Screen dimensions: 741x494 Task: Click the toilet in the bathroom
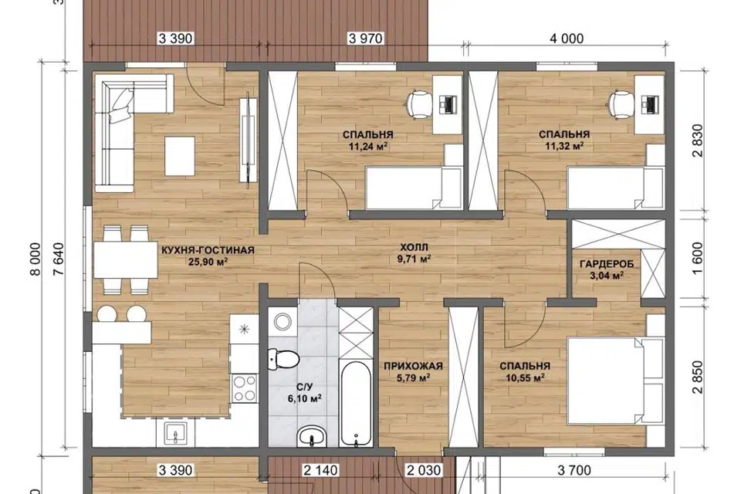tap(283, 359)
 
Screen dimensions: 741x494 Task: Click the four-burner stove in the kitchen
tap(245, 388)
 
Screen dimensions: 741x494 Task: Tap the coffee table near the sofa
tap(180, 156)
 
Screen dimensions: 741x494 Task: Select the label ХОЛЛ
tap(414, 247)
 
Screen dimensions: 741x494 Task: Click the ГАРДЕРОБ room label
tap(607, 264)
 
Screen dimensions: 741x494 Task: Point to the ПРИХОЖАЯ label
tap(413, 366)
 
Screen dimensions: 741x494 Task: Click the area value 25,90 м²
tap(208, 261)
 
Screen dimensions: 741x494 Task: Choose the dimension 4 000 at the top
tap(566, 39)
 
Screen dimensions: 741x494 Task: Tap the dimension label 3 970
tap(365, 39)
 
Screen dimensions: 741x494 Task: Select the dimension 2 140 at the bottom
tap(321, 470)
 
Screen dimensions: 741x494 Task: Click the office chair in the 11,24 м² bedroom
tap(418, 105)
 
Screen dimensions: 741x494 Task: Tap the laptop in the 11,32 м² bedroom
tap(651, 104)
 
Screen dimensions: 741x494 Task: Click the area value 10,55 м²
tap(525, 377)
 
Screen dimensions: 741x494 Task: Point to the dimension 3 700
tap(574, 470)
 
